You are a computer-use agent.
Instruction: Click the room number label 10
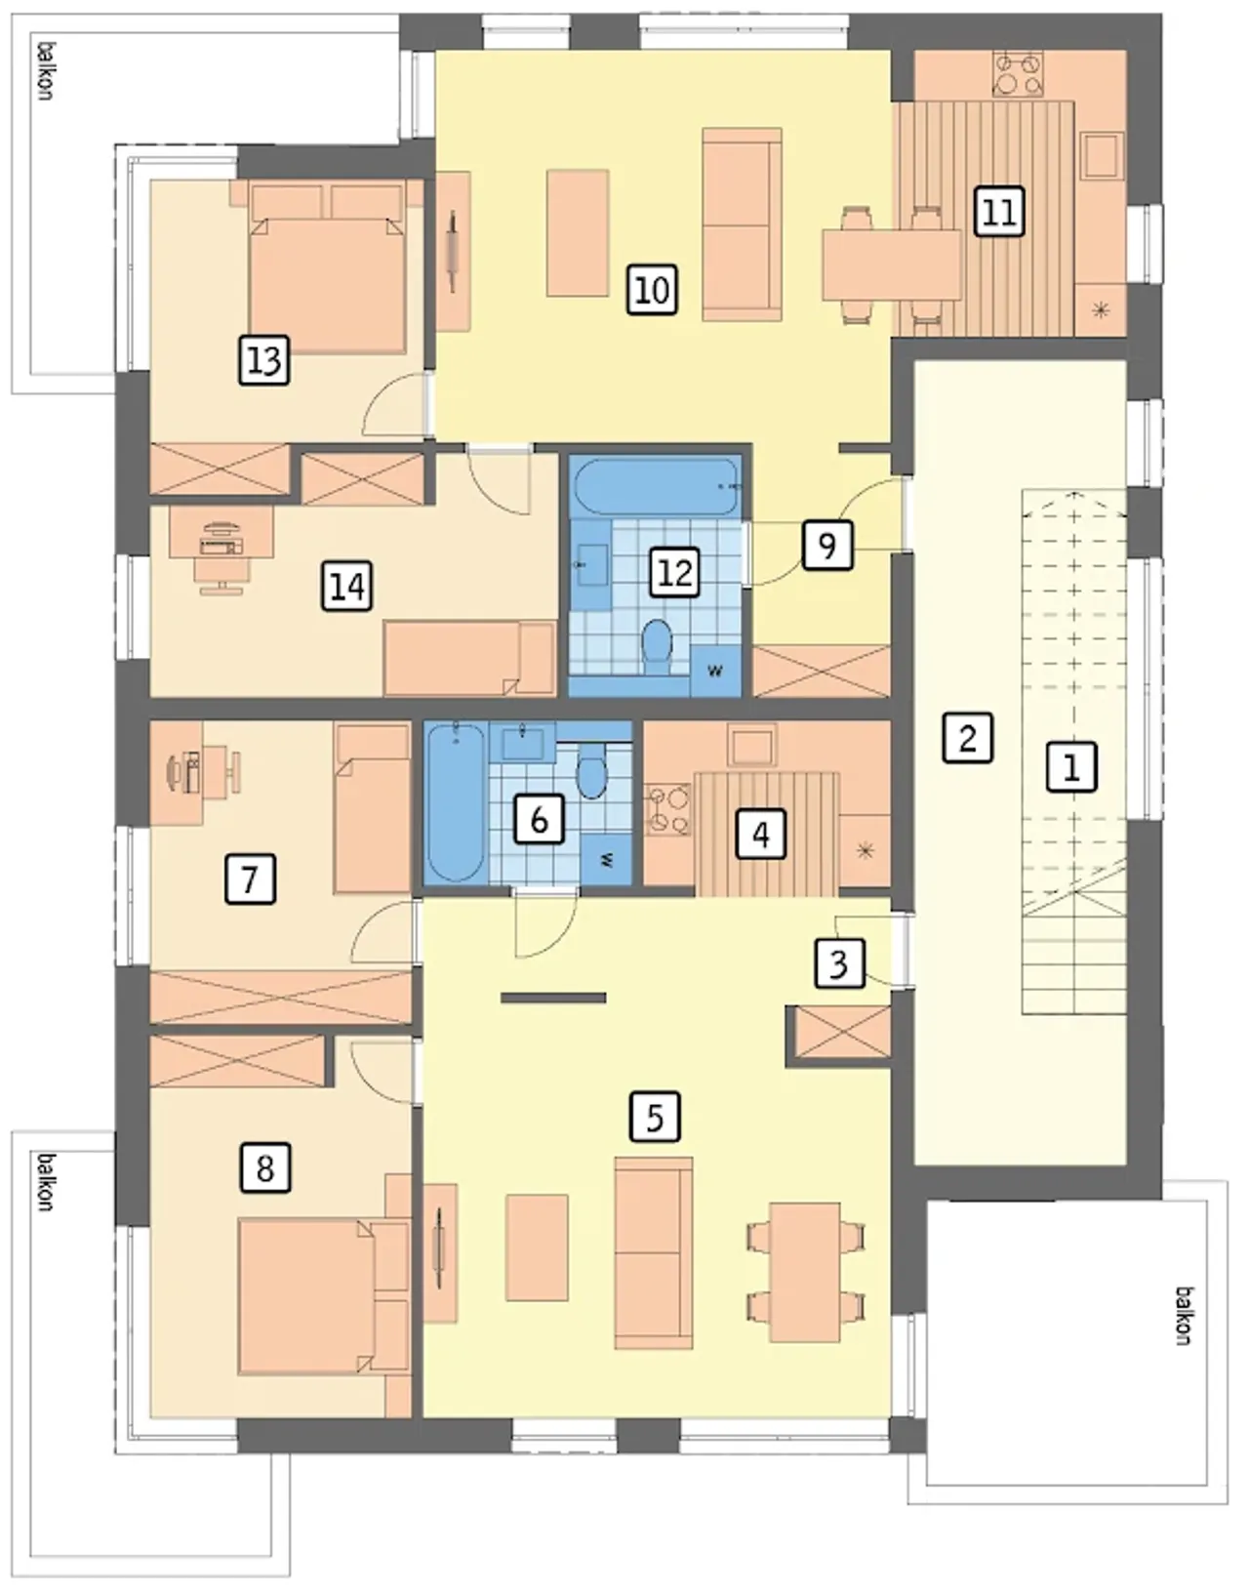tap(652, 291)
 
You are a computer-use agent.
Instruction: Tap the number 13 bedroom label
tap(263, 360)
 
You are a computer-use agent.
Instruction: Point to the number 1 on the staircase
tap(1070, 767)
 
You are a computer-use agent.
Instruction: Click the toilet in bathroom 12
tap(657, 648)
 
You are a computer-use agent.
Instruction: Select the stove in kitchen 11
tap(1018, 73)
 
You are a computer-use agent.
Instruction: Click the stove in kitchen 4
tap(667, 810)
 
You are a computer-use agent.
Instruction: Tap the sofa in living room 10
tap(742, 225)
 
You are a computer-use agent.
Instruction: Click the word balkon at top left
tap(47, 71)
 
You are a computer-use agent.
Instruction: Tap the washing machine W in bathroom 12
tap(716, 670)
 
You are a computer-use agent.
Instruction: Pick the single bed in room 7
tap(372, 808)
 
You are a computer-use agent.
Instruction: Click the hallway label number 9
tap(827, 545)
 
